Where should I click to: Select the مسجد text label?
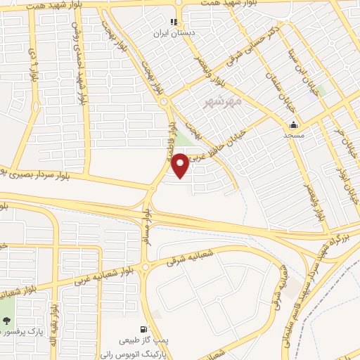(x=293, y=134)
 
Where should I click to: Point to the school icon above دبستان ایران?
(x=174, y=22)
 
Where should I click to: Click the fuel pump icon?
(x=143, y=328)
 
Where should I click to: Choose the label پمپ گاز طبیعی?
(x=142, y=338)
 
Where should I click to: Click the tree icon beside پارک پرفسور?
(x=7, y=321)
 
